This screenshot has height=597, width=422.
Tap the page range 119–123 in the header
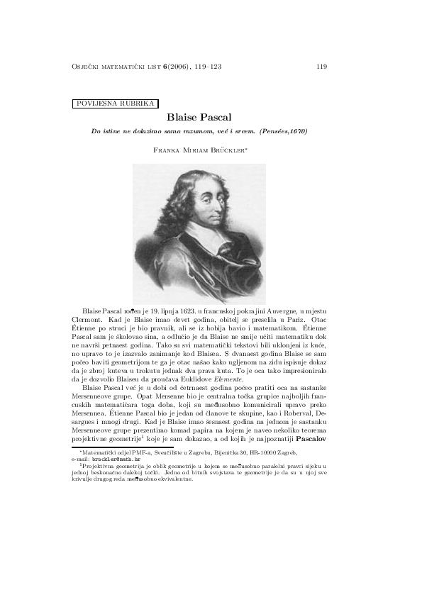(x=206, y=67)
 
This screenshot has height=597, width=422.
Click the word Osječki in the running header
(x=86, y=67)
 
